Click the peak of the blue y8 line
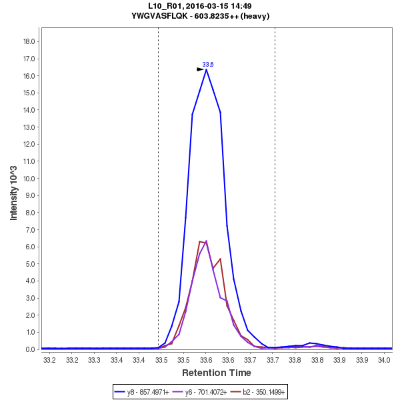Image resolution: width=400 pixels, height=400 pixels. click(x=206, y=69)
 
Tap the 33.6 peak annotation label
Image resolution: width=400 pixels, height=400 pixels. click(x=208, y=64)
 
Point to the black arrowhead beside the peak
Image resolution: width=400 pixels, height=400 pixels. click(x=200, y=69)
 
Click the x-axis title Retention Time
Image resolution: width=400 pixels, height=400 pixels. click(x=217, y=373)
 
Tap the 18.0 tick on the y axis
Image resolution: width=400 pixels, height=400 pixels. click(x=29, y=41)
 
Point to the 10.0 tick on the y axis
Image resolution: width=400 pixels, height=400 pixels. click(x=29, y=178)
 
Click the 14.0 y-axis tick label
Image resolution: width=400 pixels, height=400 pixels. click(x=29, y=110)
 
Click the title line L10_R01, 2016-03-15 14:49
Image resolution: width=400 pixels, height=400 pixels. click(x=200, y=6)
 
